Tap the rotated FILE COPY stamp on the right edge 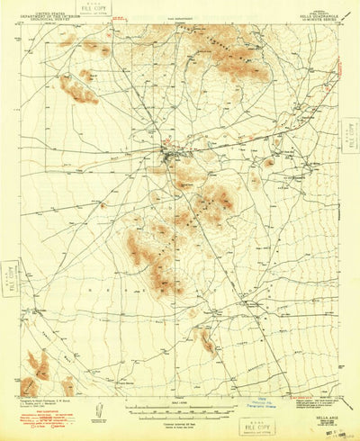[x=350, y=139]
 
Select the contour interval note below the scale [x=180, y=415]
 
